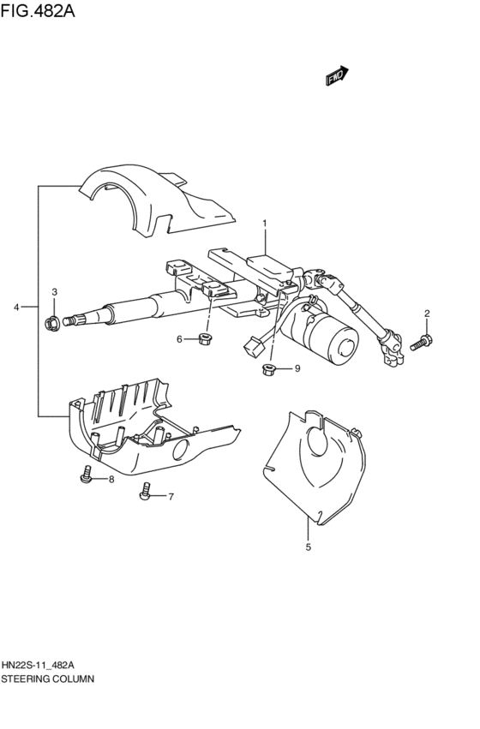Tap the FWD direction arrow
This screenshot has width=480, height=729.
tap(339, 76)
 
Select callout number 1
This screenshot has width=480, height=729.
tap(265, 224)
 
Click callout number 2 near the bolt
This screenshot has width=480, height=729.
tap(427, 314)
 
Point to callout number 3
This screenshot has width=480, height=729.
tap(53, 293)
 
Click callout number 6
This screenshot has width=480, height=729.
tap(180, 339)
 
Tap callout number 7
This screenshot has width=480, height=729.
tap(170, 496)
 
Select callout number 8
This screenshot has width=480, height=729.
tap(111, 479)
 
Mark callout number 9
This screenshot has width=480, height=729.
tap(297, 368)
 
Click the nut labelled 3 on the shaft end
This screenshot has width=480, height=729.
tap(51, 323)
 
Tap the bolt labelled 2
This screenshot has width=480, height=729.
tap(421, 343)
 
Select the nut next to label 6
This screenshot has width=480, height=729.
tap(204, 338)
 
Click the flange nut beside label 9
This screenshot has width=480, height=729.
tap(268, 370)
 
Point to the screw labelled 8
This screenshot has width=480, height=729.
tap(86, 474)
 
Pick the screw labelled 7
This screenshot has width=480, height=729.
tap(146, 492)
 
